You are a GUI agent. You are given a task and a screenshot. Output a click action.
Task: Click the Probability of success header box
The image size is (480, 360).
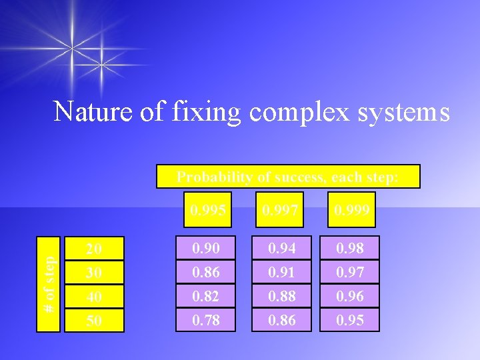click(x=288, y=177)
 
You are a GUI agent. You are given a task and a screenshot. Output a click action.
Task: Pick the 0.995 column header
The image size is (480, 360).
click(x=207, y=210)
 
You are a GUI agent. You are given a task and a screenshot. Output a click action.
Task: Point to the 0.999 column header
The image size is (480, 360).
click(x=352, y=210)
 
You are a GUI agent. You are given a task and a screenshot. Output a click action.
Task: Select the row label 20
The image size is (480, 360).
click(x=94, y=248)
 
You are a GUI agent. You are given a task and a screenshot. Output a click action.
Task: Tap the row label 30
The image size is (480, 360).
click(x=94, y=272)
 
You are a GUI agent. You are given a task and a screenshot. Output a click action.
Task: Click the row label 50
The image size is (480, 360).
click(x=94, y=320)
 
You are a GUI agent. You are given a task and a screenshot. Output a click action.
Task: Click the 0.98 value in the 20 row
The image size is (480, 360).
click(x=349, y=248)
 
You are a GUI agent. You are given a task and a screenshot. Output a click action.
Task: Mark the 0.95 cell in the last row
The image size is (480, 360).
click(x=349, y=320)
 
